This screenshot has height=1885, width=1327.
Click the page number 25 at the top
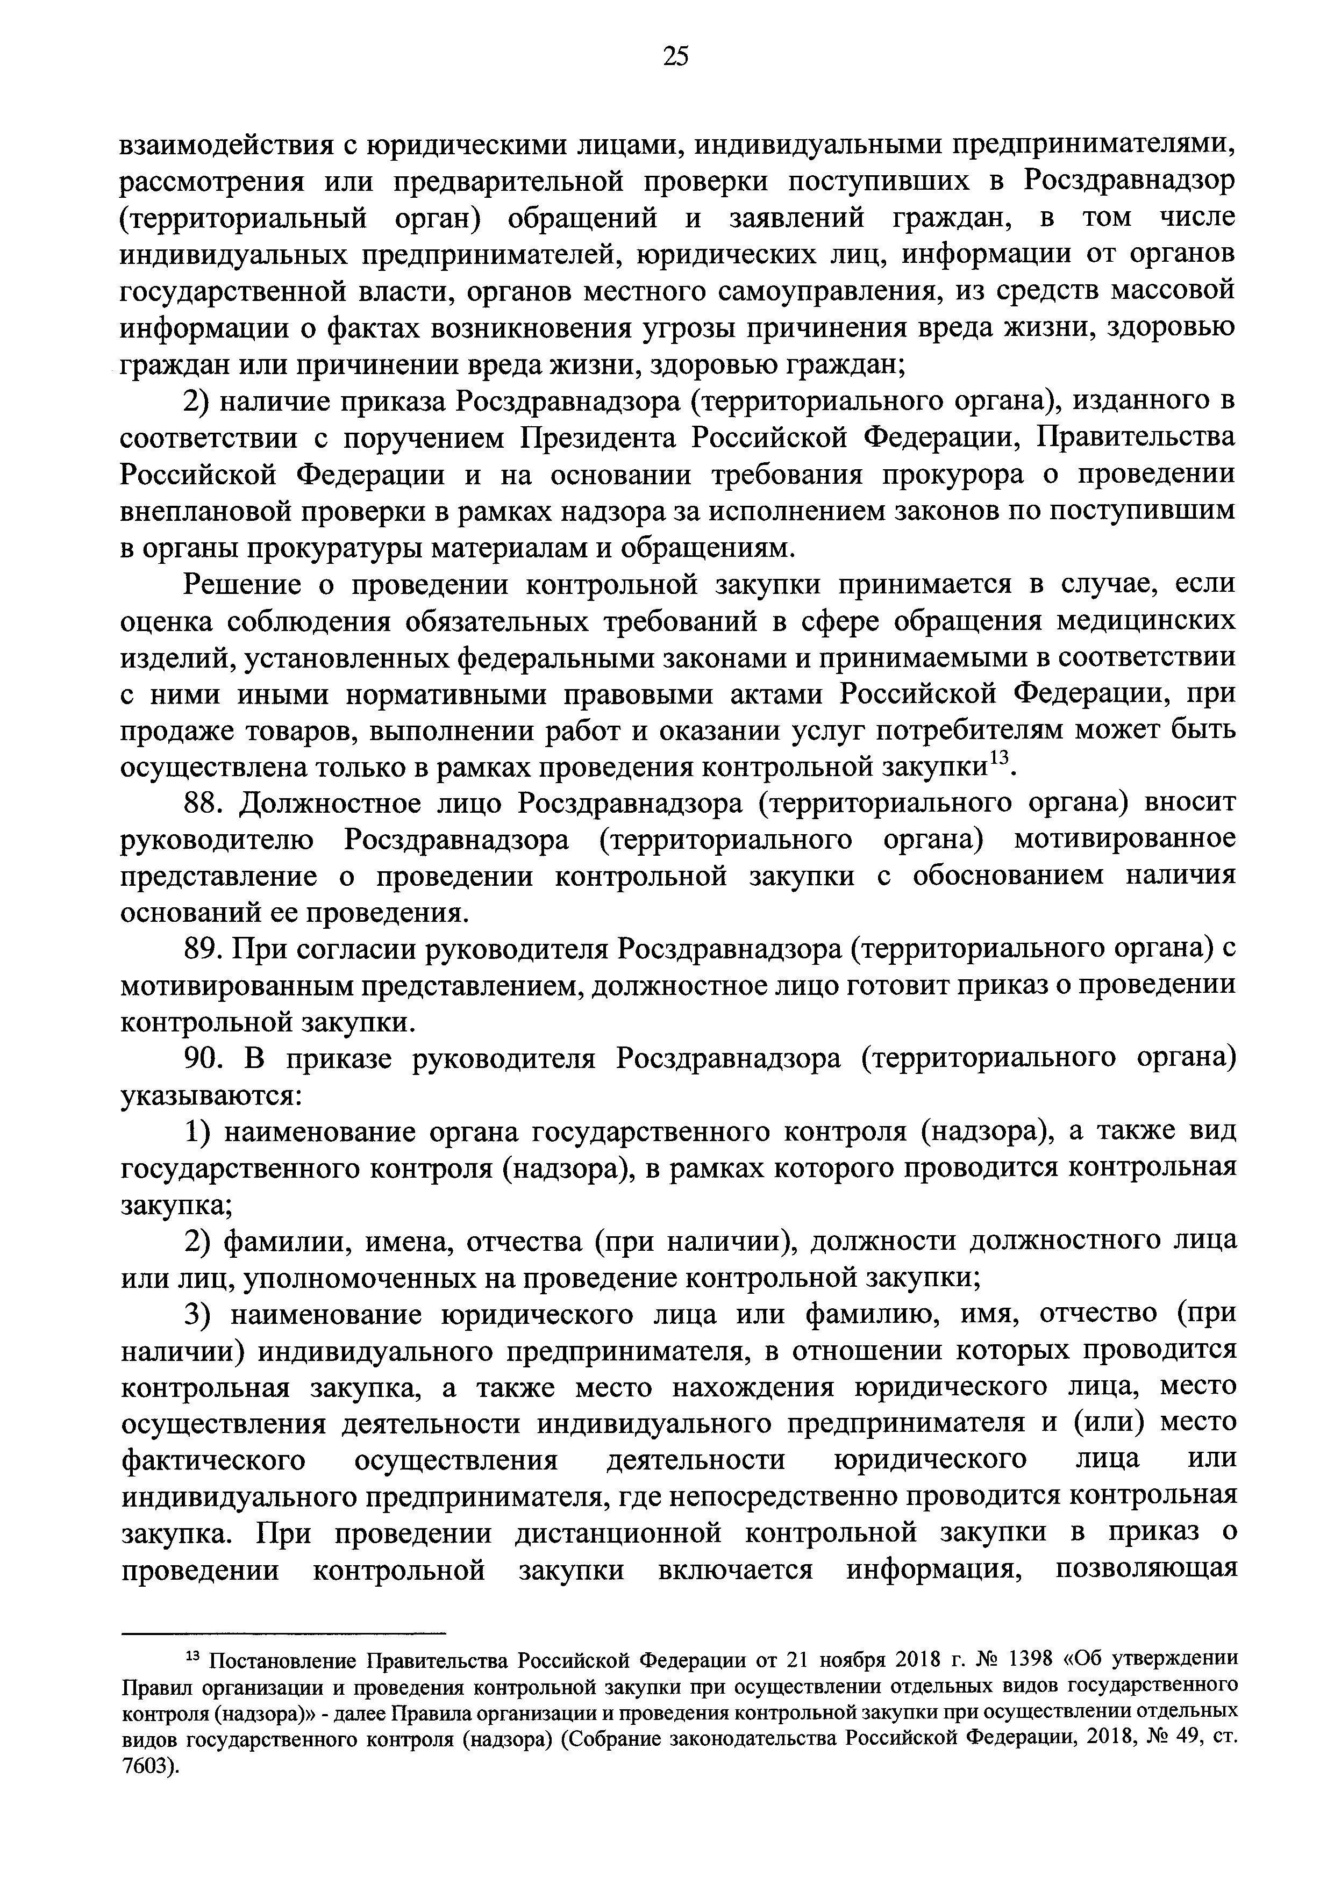click(x=674, y=56)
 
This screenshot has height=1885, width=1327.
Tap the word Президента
click(x=602, y=439)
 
